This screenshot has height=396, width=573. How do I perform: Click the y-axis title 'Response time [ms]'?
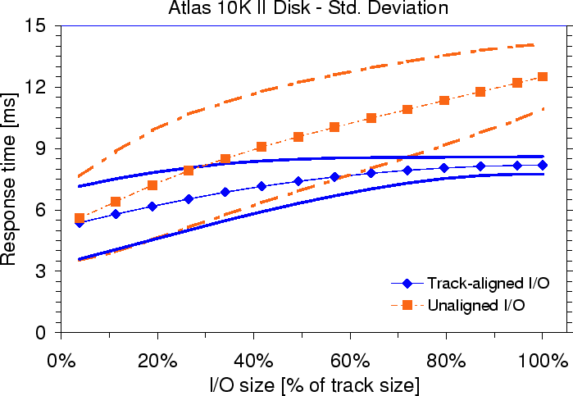click(x=11, y=179)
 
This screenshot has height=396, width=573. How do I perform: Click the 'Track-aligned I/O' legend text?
click(x=487, y=283)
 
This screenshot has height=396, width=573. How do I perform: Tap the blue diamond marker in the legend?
click(x=407, y=283)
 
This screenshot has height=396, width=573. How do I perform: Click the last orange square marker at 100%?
click(x=542, y=77)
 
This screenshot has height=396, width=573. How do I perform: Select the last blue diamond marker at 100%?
click(x=542, y=166)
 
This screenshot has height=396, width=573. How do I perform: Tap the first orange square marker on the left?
click(x=80, y=218)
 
